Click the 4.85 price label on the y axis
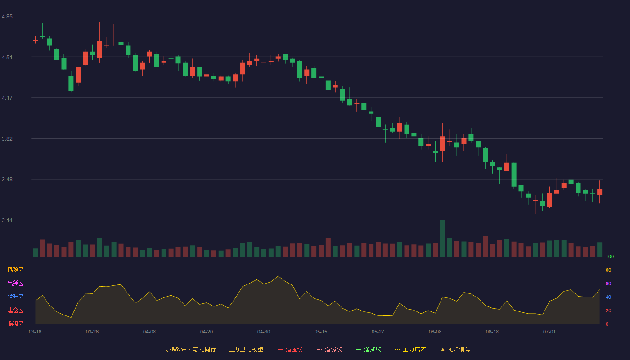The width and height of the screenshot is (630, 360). point(7,17)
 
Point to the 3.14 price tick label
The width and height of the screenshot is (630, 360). point(7,220)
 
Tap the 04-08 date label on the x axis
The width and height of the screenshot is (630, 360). point(149,332)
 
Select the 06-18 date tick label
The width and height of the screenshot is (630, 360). point(492,332)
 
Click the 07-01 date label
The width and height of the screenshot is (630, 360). point(549,332)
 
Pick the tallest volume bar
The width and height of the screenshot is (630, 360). point(442,238)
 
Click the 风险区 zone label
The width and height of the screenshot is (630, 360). point(15,270)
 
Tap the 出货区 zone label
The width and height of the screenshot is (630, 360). point(15,283)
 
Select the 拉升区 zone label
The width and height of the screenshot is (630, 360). point(15,297)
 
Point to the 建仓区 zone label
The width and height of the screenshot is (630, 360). point(15,310)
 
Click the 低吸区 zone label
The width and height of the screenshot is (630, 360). point(15,324)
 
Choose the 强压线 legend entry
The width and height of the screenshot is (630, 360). point(290,349)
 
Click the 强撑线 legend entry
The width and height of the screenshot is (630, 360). point(369,349)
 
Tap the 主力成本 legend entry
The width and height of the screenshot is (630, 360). point(410,349)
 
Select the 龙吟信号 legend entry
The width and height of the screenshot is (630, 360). point(455,349)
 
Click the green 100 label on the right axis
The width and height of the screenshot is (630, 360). point(610,256)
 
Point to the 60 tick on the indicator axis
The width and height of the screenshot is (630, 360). point(608,283)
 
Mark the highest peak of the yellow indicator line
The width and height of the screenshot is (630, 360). point(278,276)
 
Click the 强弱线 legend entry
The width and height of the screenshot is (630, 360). point(329,349)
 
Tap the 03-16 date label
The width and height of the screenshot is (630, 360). point(35,332)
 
